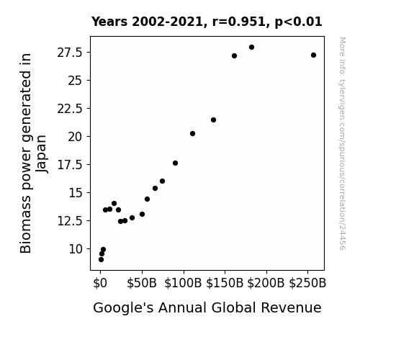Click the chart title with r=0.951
[x=207, y=22]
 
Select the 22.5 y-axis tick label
[x=70, y=109]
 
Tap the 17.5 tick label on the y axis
[x=70, y=165]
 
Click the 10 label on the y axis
[x=76, y=249]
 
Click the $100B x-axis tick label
[x=183, y=283]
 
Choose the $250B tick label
[x=307, y=283]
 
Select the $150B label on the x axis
[x=225, y=283]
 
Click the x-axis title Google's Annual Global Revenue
[x=207, y=308]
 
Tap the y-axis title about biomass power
[x=33, y=153]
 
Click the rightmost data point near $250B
[x=313, y=55]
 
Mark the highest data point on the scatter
[x=251, y=48]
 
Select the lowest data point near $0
[x=101, y=260]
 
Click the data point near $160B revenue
[x=234, y=55]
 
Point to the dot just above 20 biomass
[x=192, y=134]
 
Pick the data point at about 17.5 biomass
[x=175, y=163]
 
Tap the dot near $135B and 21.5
[x=214, y=120]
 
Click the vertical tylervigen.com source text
[x=343, y=143]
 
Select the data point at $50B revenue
[x=143, y=215]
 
